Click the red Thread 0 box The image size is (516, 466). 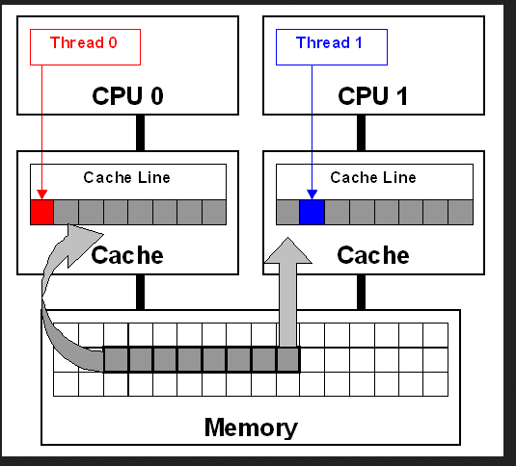[x=85, y=47]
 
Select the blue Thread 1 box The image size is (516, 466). [x=332, y=47]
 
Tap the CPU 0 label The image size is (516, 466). [x=127, y=96]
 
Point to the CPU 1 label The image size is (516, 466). [x=373, y=96]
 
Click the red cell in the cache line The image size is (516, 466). [x=41, y=212]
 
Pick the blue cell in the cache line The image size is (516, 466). [x=312, y=212]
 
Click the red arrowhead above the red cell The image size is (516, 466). [x=41, y=194]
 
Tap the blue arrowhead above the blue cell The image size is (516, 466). [x=312, y=194]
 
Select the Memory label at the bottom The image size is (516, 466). [x=251, y=427]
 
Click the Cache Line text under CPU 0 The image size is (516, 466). [x=126, y=178]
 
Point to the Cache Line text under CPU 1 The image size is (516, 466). [x=373, y=178]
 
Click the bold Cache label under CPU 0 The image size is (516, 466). [x=127, y=255]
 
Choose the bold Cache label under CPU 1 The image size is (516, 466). [x=373, y=255]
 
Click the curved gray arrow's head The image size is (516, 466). [x=81, y=242]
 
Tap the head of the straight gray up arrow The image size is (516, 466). [x=288, y=251]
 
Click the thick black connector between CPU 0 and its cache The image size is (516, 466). [x=140, y=133]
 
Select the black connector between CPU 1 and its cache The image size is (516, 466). [x=361, y=133]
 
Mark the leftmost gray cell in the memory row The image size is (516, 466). [x=116, y=360]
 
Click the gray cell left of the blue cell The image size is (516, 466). [x=288, y=212]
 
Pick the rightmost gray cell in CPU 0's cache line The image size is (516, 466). [x=214, y=212]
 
